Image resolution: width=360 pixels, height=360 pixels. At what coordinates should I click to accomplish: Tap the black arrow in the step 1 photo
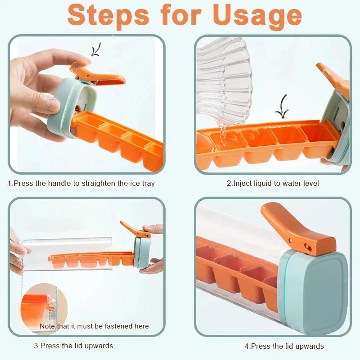coord(96,49)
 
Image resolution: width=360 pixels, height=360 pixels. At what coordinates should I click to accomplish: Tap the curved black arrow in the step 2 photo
coord(283,106)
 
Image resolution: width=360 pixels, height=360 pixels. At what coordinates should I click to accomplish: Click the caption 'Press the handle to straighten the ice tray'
coord(81,184)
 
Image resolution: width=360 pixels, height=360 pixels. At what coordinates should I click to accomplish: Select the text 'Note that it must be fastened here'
coord(94,326)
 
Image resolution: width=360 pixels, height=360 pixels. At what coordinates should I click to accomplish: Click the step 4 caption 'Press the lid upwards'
coord(284,346)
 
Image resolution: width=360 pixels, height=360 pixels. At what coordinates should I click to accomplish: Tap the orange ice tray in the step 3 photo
coord(90,260)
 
